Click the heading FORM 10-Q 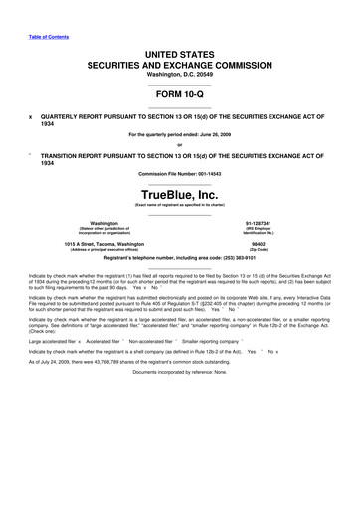180,96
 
